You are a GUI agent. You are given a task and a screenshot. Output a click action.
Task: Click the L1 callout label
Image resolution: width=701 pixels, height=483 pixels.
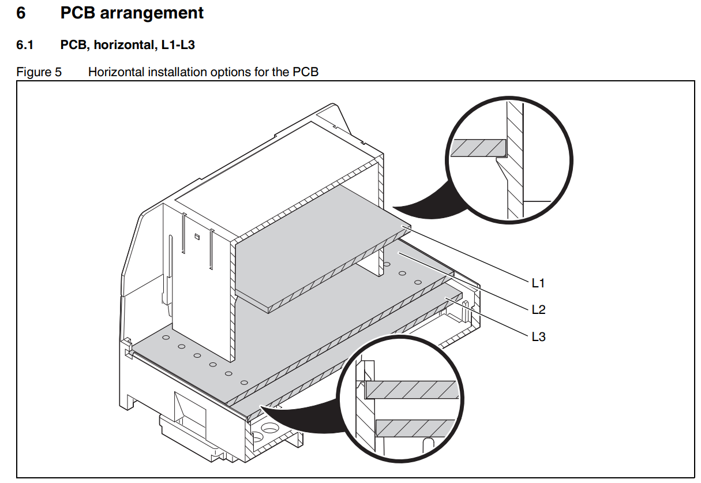(x=538, y=283)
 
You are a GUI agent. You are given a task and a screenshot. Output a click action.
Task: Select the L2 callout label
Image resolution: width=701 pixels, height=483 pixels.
(x=538, y=309)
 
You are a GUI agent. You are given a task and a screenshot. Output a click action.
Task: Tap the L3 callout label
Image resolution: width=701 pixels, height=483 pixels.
(x=538, y=337)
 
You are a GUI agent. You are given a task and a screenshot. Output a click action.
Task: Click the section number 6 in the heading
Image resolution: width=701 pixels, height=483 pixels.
(x=21, y=13)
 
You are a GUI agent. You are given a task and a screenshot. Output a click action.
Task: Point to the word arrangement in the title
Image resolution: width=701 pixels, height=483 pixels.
(x=152, y=13)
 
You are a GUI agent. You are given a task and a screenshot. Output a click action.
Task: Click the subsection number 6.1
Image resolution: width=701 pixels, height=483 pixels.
(x=25, y=45)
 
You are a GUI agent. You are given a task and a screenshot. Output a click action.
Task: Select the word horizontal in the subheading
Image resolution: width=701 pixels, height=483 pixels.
(x=124, y=45)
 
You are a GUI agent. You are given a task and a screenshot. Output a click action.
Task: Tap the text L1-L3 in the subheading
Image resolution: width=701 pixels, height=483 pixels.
(x=178, y=45)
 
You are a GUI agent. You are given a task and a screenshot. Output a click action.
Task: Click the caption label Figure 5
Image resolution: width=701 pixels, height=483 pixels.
(x=39, y=72)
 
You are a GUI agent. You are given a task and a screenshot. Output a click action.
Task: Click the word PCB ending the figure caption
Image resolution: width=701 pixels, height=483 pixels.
(x=305, y=72)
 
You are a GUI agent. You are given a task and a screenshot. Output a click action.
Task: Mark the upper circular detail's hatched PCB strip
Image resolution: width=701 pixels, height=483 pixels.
(x=478, y=148)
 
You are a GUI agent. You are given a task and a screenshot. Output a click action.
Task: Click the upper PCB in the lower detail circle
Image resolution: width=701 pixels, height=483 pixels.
(x=412, y=390)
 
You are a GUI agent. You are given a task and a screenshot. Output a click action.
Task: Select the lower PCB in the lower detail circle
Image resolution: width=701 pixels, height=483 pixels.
(x=415, y=428)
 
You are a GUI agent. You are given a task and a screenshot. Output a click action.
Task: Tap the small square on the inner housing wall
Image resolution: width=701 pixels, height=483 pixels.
(x=197, y=237)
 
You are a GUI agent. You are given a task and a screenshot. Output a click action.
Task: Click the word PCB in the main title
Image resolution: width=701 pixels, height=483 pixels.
(x=78, y=13)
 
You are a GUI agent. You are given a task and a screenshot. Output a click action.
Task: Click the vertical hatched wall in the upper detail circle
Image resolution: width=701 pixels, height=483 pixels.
(x=515, y=160)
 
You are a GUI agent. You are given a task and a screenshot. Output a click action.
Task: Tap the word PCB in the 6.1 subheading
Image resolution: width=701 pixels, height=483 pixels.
(x=73, y=45)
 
